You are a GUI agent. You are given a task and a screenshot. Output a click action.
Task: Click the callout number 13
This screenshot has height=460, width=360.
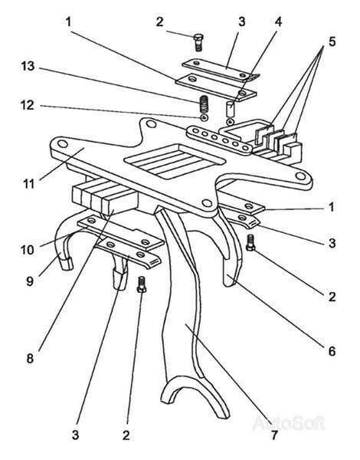pyautogui.click(x=28, y=66)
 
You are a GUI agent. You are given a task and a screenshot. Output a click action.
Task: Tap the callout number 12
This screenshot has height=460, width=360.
pyautogui.click(x=28, y=105)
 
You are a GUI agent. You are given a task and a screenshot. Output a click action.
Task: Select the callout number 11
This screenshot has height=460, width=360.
pyautogui.click(x=28, y=184)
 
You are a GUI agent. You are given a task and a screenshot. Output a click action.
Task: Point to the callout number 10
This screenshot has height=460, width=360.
pyautogui.click(x=28, y=250)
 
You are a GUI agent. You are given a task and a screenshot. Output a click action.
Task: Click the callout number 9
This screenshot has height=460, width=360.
pyautogui.click(x=30, y=281)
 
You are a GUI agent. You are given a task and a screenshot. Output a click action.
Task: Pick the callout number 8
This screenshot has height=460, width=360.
pyautogui.click(x=30, y=358)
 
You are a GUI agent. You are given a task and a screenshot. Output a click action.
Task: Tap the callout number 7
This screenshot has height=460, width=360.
pyautogui.click(x=273, y=435)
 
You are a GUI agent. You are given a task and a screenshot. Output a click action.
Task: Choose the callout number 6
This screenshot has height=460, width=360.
pyautogui.click(x=332, y=351)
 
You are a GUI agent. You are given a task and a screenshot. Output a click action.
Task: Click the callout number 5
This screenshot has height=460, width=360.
pyautogui.click(x=332, y=41)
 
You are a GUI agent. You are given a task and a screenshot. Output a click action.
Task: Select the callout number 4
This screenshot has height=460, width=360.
pyautogui.click(x=278, y=21)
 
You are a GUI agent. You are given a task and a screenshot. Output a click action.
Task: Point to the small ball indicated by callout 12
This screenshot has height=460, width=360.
pyautogui.click(x=204, y=117)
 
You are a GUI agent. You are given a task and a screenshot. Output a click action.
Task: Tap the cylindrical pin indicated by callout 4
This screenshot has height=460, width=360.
pyautogui.click(x=231, y=109)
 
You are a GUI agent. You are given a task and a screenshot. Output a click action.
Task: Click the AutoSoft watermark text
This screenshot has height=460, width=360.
pyautogui.click(x=289, y=423)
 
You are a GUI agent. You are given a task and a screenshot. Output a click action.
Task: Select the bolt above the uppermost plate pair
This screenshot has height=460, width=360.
pyautogui.click(x=198, y=42)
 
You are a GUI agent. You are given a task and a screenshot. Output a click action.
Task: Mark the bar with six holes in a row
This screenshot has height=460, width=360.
pyautogui.click(x=219, y=140)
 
